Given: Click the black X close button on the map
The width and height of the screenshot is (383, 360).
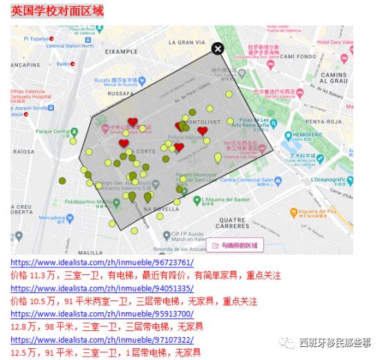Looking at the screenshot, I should [218, 48].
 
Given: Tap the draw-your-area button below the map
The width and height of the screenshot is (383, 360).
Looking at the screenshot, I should [235, 245].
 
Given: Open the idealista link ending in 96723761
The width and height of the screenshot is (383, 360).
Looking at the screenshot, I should [102, 263].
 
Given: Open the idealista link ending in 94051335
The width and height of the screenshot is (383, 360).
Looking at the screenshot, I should [102, 288].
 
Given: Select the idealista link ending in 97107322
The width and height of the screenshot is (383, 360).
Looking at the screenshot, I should [102, 340].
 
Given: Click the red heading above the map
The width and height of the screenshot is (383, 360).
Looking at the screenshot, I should [57, 12].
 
